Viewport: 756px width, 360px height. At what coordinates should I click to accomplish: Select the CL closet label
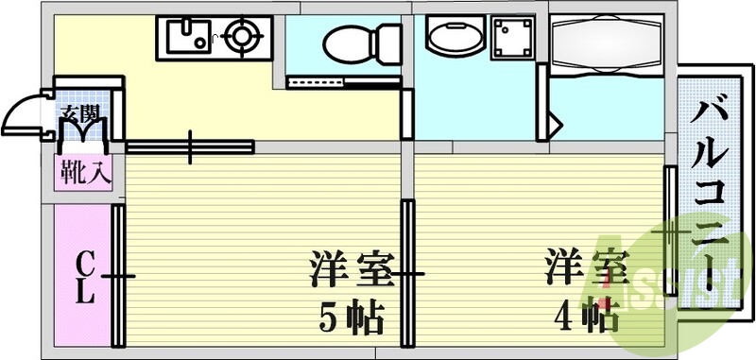(85, 276)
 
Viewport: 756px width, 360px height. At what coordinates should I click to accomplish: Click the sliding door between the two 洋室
(407, 274)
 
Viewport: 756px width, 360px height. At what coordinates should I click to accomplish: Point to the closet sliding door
(119, 276)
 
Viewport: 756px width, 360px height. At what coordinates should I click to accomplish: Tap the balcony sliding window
(670, 231)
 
